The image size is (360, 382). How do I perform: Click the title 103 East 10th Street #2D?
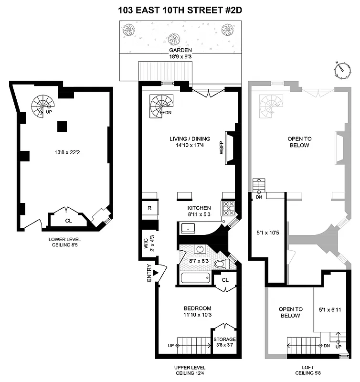coord(180,10)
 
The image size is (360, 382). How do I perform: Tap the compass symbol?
coord(341,69)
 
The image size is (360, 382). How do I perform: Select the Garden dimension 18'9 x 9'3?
coord(180,56)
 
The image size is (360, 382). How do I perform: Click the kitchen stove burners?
coord(228,208)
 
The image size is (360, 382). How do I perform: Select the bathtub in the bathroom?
coord(194,278)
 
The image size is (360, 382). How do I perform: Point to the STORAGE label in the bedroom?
coord(224,340)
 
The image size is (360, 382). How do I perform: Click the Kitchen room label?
coord(199,208)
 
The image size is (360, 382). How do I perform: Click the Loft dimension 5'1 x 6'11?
coord(330,309)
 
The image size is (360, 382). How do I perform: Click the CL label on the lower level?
coord(68,221)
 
